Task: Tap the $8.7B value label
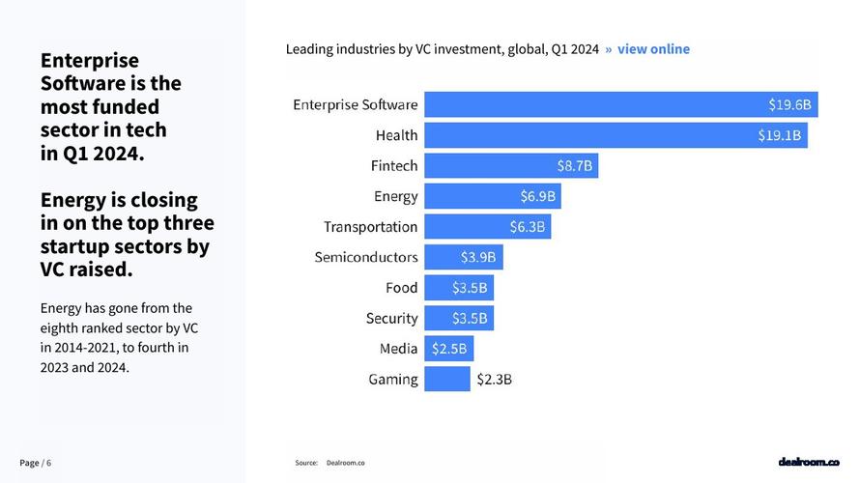574,166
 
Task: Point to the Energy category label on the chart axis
395,196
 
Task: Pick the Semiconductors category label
366,257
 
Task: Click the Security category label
391,318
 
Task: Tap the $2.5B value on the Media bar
449,349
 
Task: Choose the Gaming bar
446,379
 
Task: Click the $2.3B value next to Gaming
494,380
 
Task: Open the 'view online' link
653,48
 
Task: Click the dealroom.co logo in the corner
809,463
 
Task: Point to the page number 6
48,463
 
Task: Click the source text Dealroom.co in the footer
345,464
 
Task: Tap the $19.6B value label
789,104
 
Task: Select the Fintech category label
393,166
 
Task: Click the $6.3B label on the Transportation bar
528,227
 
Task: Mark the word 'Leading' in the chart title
309,48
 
